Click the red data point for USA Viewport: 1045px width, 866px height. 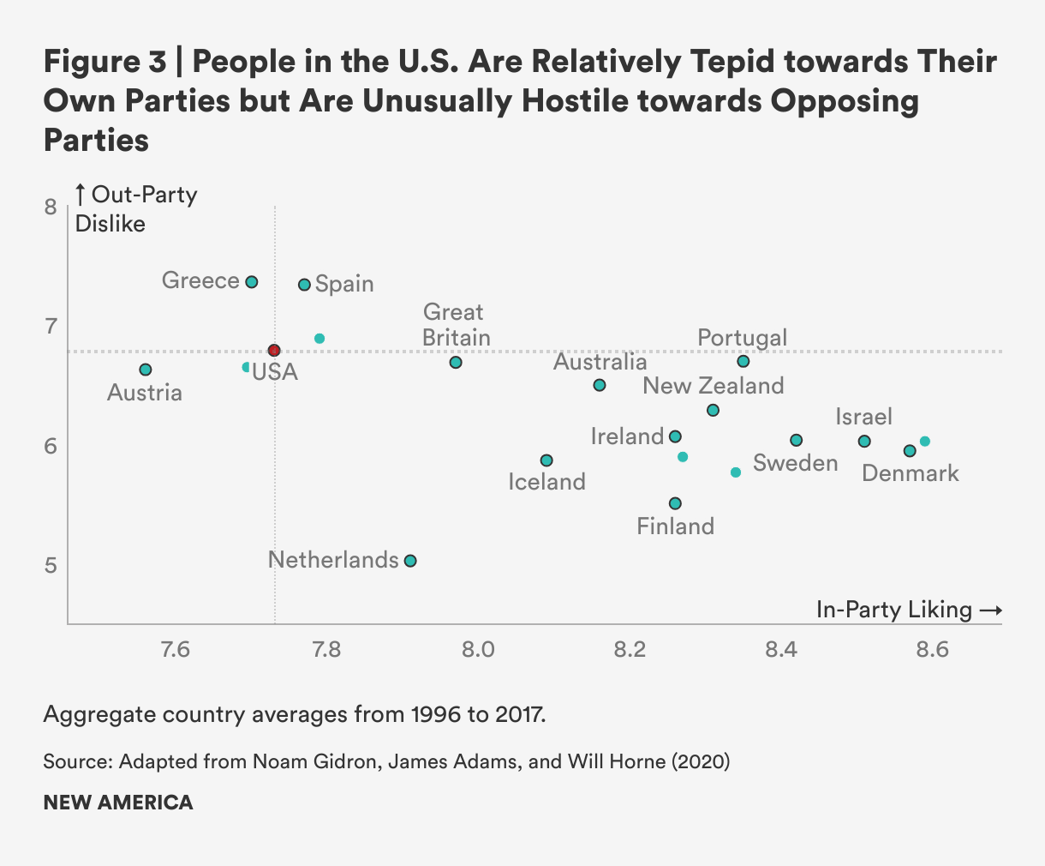coord(274,351)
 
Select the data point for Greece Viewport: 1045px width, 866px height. coord(252,282)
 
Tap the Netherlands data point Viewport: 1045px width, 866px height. coord(410,561)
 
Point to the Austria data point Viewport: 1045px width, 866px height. coord(146,370)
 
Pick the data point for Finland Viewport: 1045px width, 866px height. coord(675,503)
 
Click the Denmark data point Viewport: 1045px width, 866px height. coord(910,451)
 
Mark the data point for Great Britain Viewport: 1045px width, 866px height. coord(456,363)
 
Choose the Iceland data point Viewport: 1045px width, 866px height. coord(546,460)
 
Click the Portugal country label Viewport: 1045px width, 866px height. coord(742,338)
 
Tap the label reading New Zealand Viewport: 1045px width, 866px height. coord(714,386)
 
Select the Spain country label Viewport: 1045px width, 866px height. coord(344,284)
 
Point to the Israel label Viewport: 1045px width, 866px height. coord(864,417)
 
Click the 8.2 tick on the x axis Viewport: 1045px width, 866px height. coord(630,650)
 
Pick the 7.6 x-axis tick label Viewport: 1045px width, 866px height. coord(176,650)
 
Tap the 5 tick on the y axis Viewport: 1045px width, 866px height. coord(51,565)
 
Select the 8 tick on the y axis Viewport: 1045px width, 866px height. coord(51,207)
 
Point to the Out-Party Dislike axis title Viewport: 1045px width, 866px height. coord(137,208)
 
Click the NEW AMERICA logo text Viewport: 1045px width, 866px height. coord(118,803)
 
